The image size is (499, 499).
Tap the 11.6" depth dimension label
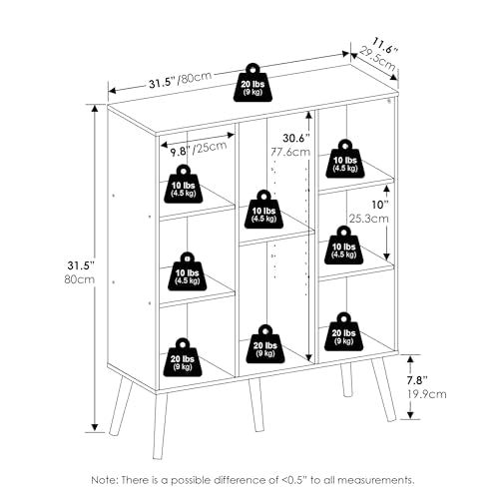(x=385, y=46)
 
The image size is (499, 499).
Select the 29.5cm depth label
(x=378, y=59)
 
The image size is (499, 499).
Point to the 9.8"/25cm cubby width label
(x=199, y=149)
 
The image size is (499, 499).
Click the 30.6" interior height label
(x=296, y=138)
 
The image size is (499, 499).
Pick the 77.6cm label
(x=290, y=152)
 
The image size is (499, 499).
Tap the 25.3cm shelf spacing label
(x=368, y=219)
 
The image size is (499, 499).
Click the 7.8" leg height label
(x=417, y=380)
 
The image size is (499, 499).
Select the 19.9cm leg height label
(x=427, y=394)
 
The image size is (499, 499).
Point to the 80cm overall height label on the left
(x=79, y=279)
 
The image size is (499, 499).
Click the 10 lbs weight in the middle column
(x=263, y=210)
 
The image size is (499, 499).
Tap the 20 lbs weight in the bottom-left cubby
(x=183, y=357)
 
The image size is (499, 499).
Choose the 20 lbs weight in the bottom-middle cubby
(x=265, y=344)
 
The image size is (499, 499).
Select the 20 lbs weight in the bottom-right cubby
(x=343, y=331)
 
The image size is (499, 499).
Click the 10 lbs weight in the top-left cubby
(x=184, y=184)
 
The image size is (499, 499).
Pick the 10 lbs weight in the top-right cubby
(x=345, y=159)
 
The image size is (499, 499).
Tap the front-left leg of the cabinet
(x=160, y=425)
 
